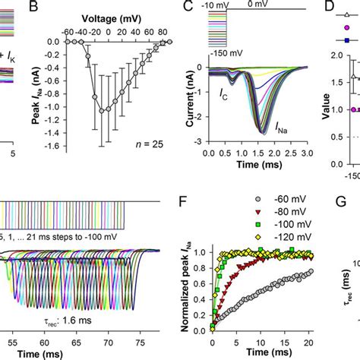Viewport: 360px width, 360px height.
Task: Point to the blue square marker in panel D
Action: pos(347,39)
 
